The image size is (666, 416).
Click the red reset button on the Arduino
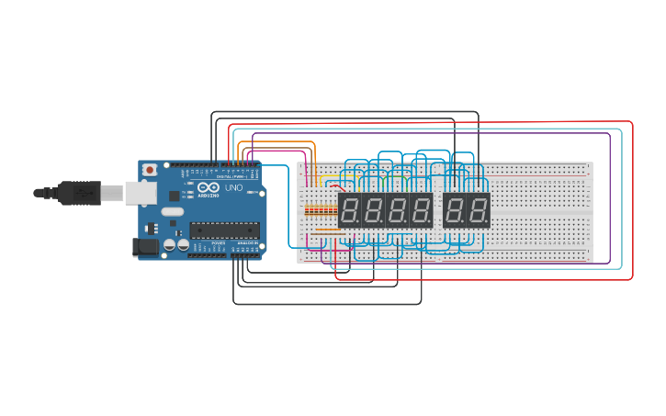[x=150, y=171]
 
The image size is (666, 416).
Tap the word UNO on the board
[x=233, y=188]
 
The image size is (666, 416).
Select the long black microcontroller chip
[x=224, y=230]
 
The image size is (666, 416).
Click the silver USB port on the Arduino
[x=140, y=192]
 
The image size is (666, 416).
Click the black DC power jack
[x=144, y=246]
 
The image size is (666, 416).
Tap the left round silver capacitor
[x=171, y=246]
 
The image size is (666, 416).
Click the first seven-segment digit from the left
[x=349, y=211]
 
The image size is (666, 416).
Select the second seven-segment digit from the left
[x=373, y=211]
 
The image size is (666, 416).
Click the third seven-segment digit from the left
[x=397, y=211]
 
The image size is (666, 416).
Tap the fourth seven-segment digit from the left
[x=421, y=211]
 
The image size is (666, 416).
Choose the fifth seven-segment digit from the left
[x=455, y=211]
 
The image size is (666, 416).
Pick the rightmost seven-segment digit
[x=479, y=211]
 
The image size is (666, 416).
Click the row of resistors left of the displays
[x=319, y=210]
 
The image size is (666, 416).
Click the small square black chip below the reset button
[x=174, y=195]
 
